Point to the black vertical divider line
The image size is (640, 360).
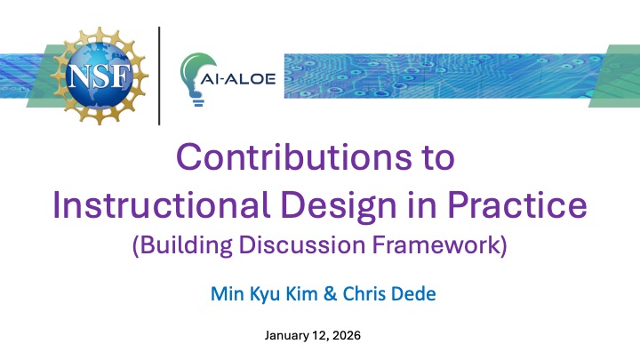pos(159,76)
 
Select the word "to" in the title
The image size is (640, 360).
pos(434,157)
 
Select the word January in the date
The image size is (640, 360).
pos(288,336)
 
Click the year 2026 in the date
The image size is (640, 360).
pos(348,336)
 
